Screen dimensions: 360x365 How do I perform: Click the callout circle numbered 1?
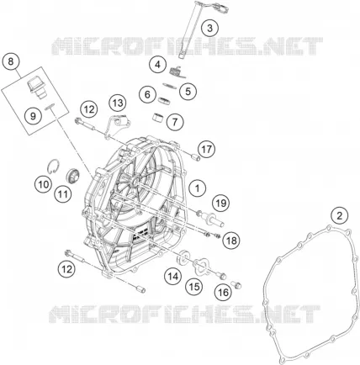tap(198, 188)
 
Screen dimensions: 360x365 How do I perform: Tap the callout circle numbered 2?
tap(340, 215)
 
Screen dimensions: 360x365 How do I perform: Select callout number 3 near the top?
tap(210, 28)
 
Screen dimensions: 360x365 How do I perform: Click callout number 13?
tap(118, 103)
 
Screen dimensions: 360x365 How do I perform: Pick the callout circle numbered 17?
tap(207, 149)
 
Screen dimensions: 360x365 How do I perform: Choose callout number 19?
tap(221, 203)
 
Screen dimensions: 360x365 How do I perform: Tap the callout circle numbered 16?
tap(223, 293)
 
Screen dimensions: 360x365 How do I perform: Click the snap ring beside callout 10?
tap(53, 167)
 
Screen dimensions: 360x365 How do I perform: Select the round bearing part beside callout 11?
tap(72, 177)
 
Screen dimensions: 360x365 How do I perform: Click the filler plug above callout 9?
tap(36, 87)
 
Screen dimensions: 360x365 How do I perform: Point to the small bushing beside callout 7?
tap(159, 118)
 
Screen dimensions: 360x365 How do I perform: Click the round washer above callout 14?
tap(183, 257)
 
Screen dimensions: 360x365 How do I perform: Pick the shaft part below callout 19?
tap(212, 219)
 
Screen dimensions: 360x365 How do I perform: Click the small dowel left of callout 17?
tap(194, 157)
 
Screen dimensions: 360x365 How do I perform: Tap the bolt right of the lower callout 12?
tap(75, 257)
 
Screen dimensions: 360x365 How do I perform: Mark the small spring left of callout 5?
tap(169, 86)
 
